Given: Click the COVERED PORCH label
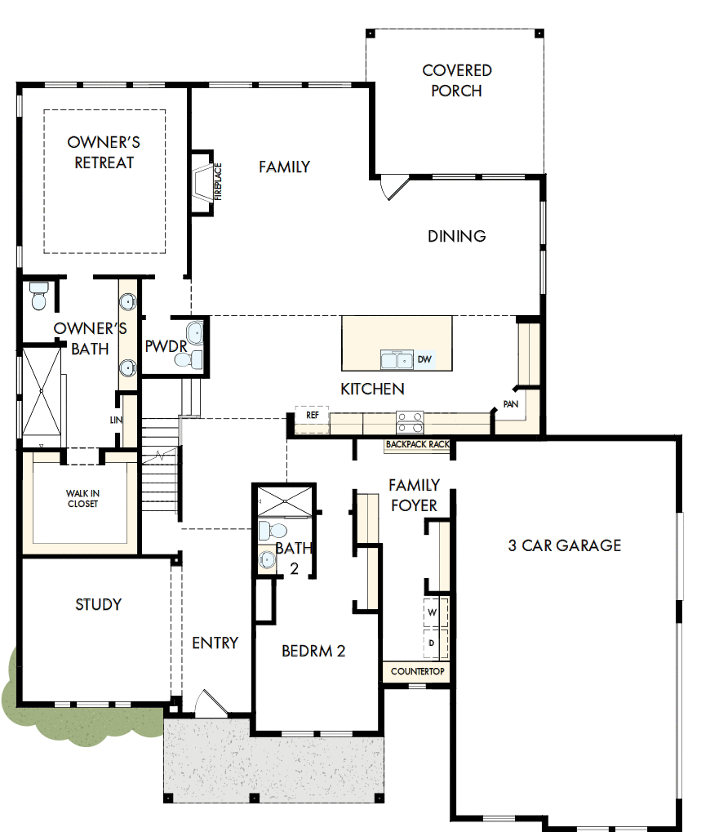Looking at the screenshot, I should point(457,81).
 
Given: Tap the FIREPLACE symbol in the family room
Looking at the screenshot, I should point(202,182).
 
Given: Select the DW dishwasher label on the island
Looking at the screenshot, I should point(424,359).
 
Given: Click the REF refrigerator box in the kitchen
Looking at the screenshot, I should point(312,415).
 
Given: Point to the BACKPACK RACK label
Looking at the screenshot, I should point(418,445).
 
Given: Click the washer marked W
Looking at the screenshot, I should point(433,612).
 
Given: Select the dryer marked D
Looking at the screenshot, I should point(433,643).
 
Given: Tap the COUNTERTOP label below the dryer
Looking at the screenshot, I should point(417,672).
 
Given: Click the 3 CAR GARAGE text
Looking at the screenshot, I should point(565,545).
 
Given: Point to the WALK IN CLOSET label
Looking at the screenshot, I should point(82,499).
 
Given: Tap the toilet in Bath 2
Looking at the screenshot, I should point(267,532).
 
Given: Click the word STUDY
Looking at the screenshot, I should point(98,605).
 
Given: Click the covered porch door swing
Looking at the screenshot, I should point(394,187).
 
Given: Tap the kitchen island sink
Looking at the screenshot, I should point(397,360).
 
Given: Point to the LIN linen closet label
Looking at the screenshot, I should point(116,420).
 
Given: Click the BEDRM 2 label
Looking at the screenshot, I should point(313,651).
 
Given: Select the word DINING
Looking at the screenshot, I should point(457,236).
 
